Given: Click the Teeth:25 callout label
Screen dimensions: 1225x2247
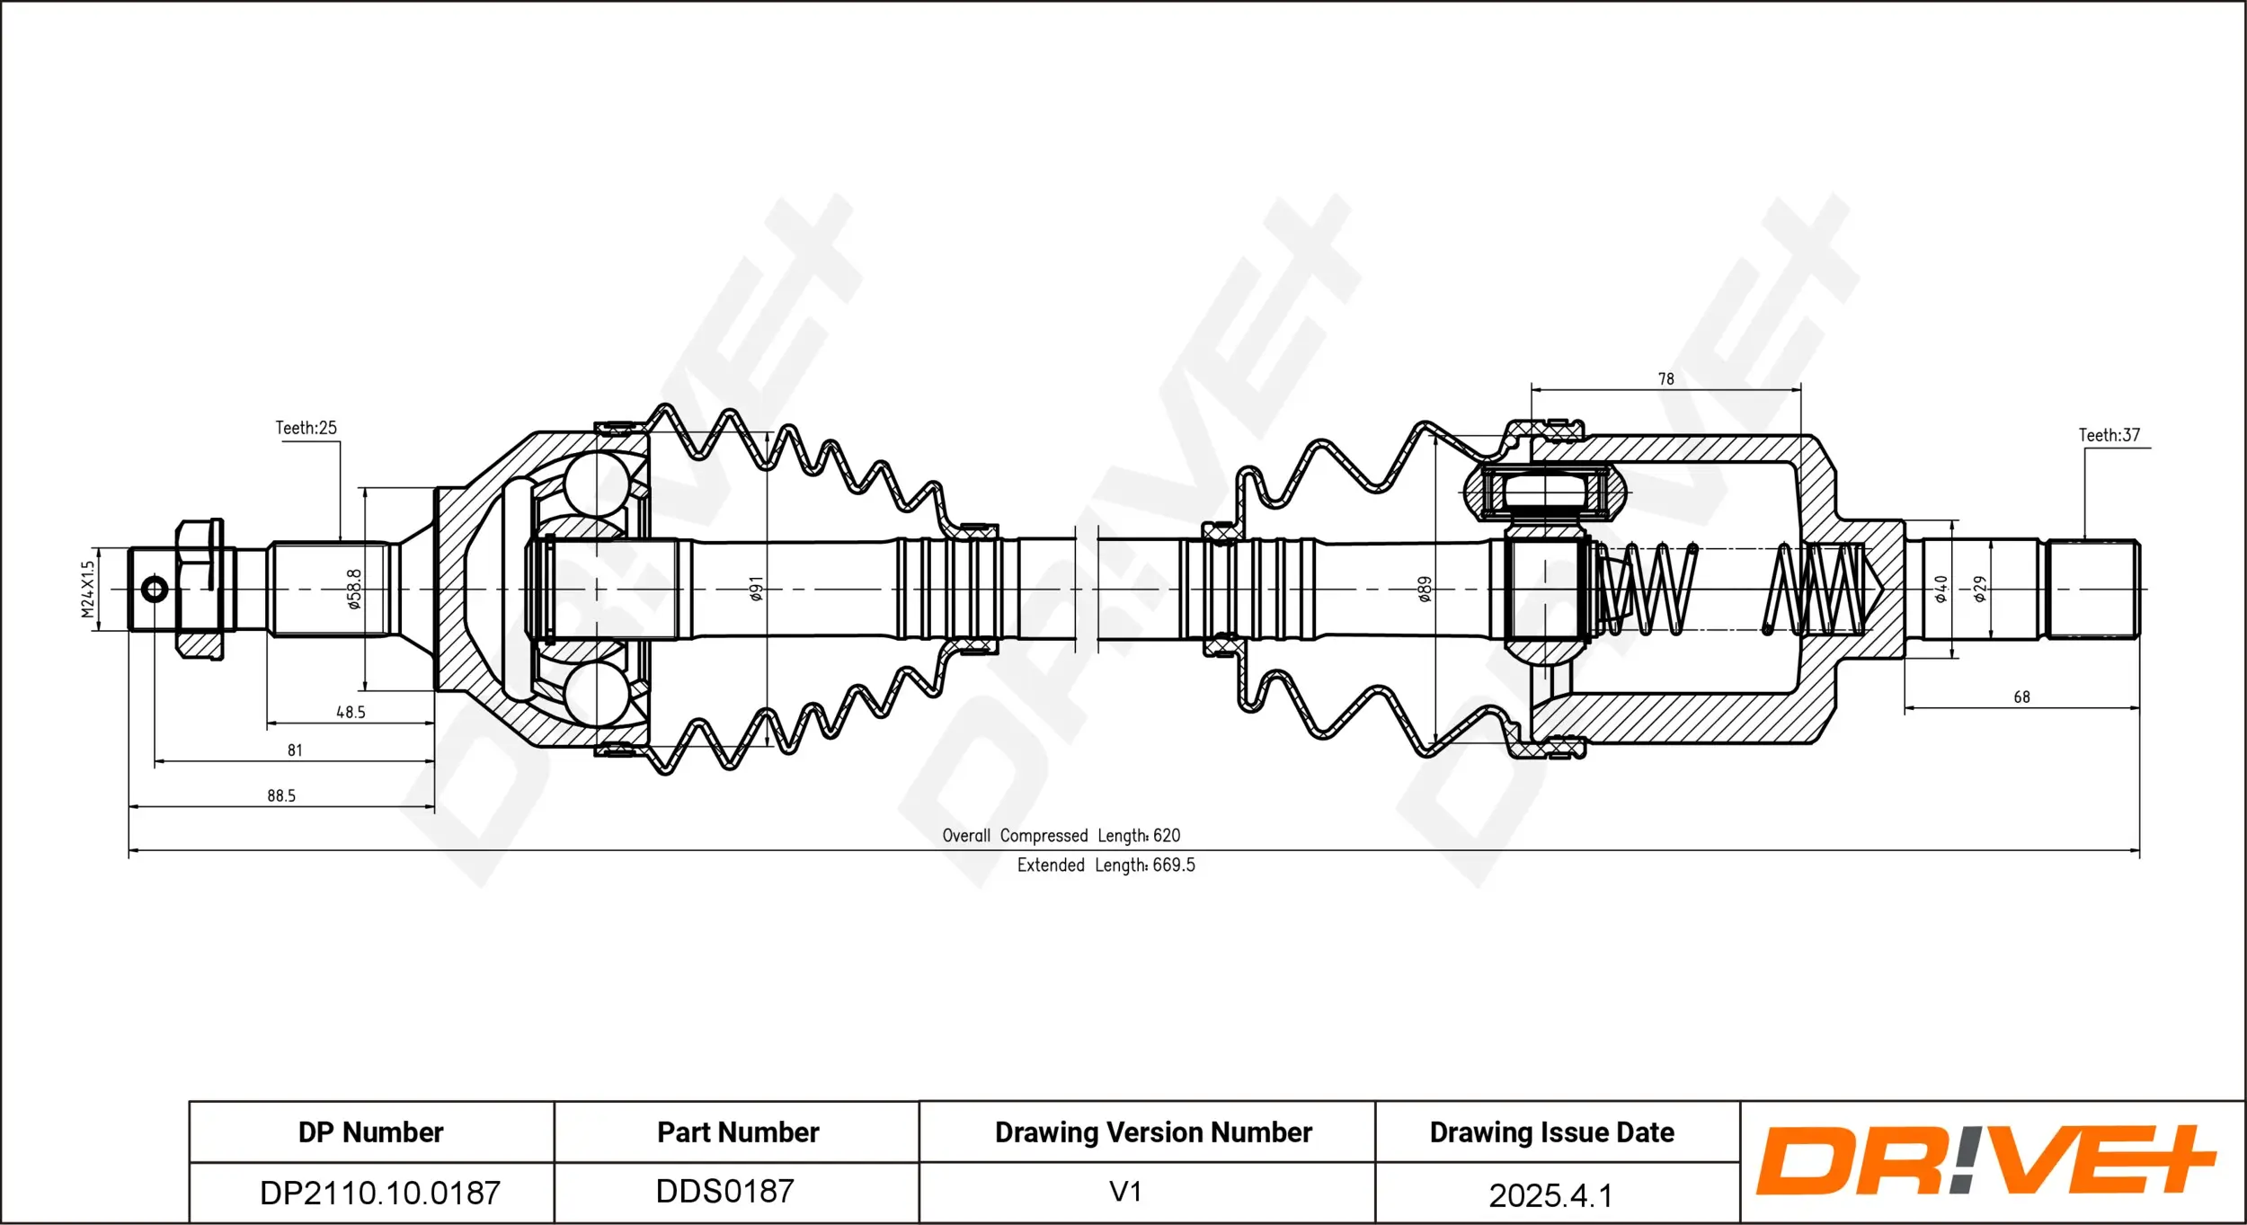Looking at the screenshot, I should click(x=306, y=428).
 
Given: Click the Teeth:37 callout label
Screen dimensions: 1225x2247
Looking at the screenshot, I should click(x=2109, y=435).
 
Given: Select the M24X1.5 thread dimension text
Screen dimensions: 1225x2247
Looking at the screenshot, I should click(x=87, y=590).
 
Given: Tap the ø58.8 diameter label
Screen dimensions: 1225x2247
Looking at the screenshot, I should click(x=354, y=589).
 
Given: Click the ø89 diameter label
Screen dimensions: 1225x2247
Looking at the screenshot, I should click(x=1425, y=589).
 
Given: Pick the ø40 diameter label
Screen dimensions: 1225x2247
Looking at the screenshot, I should click(x=1941, y=589).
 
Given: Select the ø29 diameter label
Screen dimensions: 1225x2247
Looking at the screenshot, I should click(x=1980, y=589).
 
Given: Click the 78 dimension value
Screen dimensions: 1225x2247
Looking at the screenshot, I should click(x=1665, y=379).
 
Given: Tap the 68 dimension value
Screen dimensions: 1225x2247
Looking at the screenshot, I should click(x=2021, y=697).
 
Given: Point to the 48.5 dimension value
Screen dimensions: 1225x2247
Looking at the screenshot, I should click(x=351, y=712).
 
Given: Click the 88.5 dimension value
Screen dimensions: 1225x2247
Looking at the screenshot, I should click(x=281, y=795).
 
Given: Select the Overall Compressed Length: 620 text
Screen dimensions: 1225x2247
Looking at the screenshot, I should click(x=1061, y=836).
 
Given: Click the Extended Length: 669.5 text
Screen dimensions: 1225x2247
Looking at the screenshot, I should click(x=1106, y=865).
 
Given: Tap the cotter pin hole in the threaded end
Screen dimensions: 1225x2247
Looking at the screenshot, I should click(x=155, y=590).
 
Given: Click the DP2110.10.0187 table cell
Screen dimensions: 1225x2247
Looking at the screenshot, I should click(x=379, y=1193).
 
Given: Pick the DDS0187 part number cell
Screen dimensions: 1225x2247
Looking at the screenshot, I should click(x=724, y=1191).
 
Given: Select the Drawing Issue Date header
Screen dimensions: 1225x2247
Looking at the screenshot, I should click(x=1551, y=1132).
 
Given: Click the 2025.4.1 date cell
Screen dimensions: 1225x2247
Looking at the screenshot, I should click(x=1550, y=1195).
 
